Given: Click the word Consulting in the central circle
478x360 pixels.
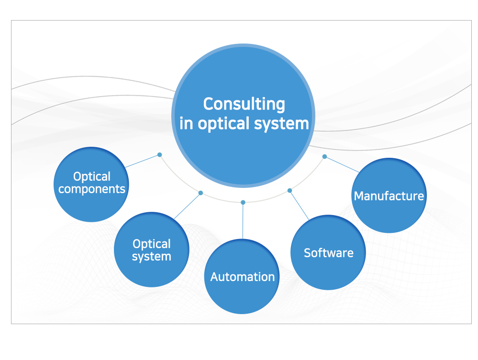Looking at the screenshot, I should tap(244, 104).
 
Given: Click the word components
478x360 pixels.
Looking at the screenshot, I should tap(92, 189).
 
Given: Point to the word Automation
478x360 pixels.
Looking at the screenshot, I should tap(243, 277).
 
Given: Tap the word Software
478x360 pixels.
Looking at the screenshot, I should tap(329, 252).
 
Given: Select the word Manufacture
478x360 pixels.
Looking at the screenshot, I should tap(389, 196).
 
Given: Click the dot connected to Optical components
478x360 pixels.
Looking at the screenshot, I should tap(160, 154).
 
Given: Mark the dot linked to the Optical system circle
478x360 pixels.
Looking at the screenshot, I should tap(200, 193).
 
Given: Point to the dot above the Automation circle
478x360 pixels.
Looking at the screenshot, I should tap(243, 202).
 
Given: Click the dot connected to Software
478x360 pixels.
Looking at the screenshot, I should tap(289, 190).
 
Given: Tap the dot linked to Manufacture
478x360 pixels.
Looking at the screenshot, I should tap(324, 156).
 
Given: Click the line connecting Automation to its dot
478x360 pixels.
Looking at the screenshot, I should tap(243, 221).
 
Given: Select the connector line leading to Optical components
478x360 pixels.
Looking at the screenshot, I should tap(143, 161).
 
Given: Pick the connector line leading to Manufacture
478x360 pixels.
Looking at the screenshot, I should tap(342, 164).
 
